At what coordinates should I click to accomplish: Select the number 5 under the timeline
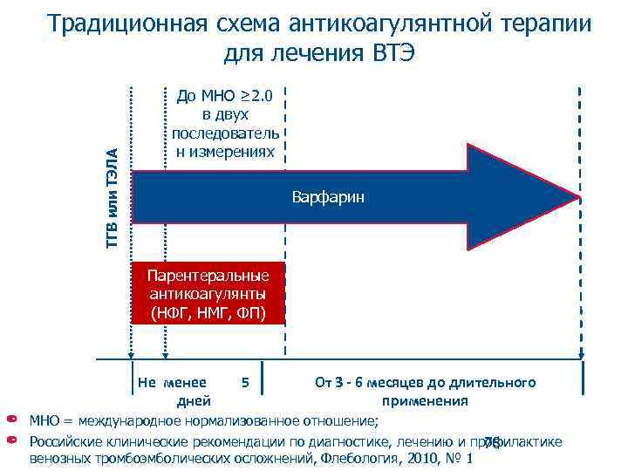[x=246, y=383]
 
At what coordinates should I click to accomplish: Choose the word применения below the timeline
[x=425, y=401]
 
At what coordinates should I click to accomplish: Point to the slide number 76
[x=492, y=442]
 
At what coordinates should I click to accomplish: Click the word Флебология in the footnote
[x=353, y=459]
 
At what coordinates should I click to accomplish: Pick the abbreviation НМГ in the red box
[x=208, y=311]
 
